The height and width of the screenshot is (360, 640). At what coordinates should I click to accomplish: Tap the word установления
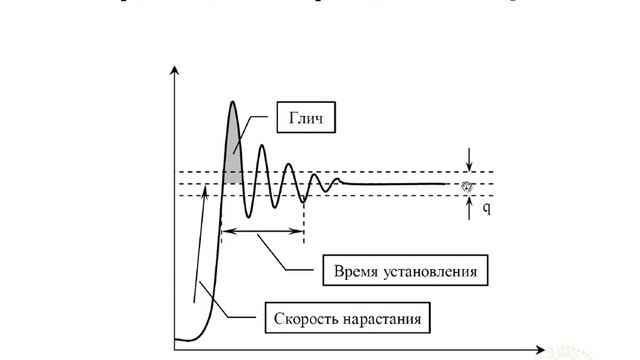431,271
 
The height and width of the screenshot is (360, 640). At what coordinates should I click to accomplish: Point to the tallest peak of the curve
233,102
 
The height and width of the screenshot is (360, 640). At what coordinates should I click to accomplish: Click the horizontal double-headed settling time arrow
262,232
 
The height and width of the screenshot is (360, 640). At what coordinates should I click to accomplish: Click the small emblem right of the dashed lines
467,184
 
